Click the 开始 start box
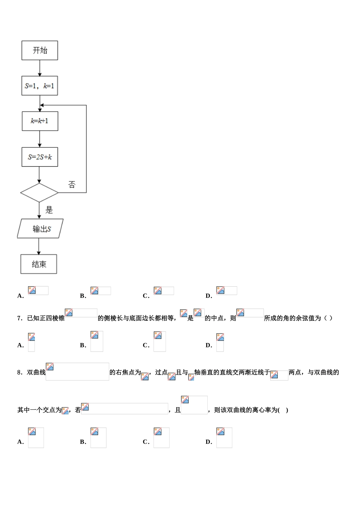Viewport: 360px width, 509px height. (x=40, y=50)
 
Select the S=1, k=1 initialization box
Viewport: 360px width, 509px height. (x=40, y=86)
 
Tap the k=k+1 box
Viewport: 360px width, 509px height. (x=40, y=121)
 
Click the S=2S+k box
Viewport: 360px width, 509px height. (x=40, y=157)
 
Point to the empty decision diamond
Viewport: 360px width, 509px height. (x=39, y=193)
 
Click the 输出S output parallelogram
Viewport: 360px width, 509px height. (x=41, y=228)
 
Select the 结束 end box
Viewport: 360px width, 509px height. (x=39, y=264)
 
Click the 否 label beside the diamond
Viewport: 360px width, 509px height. (x=72, y=185)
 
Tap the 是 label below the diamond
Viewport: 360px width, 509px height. (x=49, y=210)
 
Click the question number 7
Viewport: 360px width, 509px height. (x=20, y=318)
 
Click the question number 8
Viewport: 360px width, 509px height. (x=20, y=372)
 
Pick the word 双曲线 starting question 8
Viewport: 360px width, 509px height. (x=36, y=372)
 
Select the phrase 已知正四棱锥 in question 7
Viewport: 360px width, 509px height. (x=46, y=318)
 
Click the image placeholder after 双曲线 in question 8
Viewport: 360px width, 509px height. (x=77, y=372)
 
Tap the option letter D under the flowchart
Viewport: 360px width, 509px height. (x=208, y=296)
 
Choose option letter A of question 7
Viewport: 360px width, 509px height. (x=20, y=345)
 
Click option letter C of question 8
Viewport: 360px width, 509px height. (x=146, y=442)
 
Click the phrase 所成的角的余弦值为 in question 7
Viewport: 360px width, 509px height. (x=293, y=318)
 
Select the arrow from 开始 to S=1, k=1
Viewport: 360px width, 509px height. (x=40, y=68)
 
